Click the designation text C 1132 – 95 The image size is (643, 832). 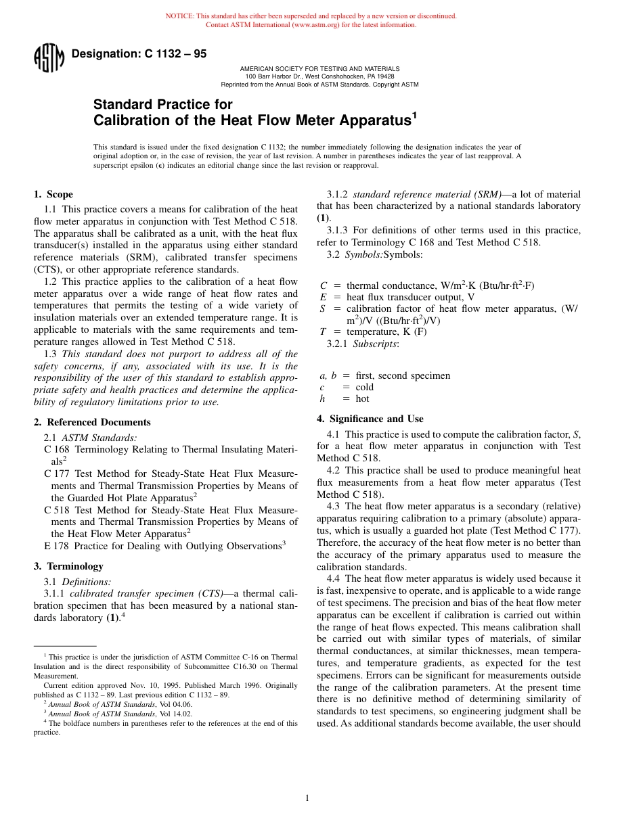click(139, 54)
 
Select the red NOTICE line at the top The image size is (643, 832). click(311, 16)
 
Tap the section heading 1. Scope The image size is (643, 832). click(53, 194)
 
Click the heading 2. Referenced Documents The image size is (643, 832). click(92, 422)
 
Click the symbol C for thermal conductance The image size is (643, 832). click(324, 285)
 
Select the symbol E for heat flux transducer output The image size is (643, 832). click(324, 297)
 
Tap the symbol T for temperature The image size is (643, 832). click(323, 331)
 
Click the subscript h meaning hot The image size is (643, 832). click(323, 398)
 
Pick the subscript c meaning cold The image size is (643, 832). click(322, 387)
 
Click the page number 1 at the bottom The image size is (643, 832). click(307, 798)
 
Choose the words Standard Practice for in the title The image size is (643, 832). click(162, 104)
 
